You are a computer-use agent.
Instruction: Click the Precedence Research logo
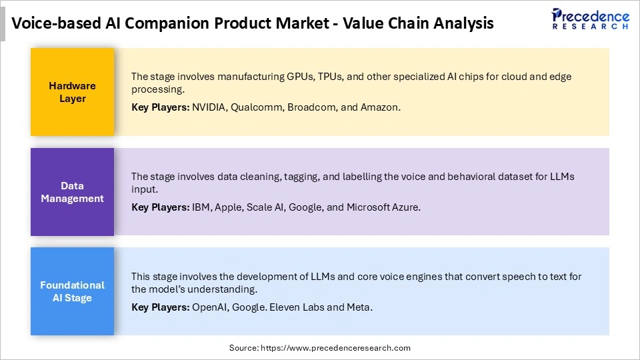point(590,19)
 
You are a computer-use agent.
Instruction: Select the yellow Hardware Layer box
point(72,92)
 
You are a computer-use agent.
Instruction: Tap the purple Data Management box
point(72,192)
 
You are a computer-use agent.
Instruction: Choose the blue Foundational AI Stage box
point(72,291)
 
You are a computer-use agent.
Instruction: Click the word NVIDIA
point(208,107)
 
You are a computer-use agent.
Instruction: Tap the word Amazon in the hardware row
point(380,107)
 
